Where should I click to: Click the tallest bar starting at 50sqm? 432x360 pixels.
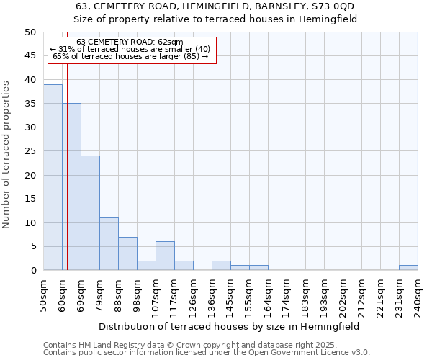click(53, 177)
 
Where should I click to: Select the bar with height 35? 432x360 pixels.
click(71, 186)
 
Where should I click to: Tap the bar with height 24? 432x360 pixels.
click(90, 213)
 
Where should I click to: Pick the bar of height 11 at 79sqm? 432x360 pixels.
click(109, 244)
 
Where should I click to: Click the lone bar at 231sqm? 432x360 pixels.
click(408, 268)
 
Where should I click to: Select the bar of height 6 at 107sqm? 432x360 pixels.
click(165, 256)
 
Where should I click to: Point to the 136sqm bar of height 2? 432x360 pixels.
click(221, 266)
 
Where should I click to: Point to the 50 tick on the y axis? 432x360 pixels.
click(30, 32)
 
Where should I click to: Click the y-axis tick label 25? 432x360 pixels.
click(30, 151)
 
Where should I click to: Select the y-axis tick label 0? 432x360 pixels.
click(32, 271)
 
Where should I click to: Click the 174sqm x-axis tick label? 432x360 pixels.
click(287, 295)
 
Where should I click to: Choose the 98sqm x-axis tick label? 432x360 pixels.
click(137, 295)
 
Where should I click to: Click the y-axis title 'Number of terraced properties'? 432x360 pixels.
click(6, 155)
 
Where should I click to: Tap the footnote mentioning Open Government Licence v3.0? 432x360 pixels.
click(207, 352)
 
